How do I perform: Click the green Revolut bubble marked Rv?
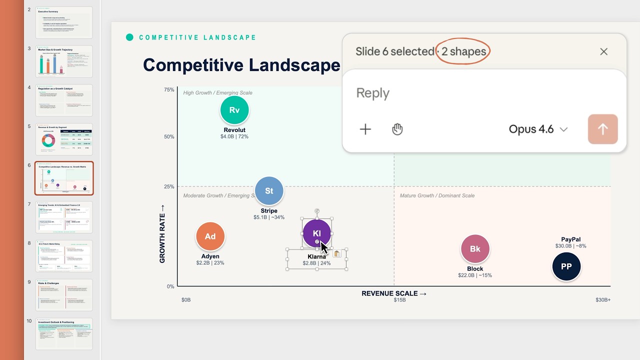234,110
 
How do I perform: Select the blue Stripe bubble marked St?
269,190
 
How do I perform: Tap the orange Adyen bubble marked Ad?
210,236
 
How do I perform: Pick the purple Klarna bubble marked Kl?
316,233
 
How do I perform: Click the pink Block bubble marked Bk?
475,248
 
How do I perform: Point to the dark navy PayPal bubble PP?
566,266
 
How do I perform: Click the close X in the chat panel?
603,51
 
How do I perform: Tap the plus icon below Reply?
365,129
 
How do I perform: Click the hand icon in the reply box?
397,129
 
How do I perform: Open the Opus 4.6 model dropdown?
538,129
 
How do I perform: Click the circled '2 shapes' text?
463,51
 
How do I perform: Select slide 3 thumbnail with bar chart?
64,61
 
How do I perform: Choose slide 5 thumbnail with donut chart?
64,139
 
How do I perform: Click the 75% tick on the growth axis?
169,90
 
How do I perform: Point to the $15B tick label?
399,300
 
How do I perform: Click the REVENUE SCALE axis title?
394,293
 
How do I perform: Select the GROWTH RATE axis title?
162,233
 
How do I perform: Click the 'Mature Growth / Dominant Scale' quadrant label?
437,195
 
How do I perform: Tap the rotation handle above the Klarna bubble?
317,211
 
